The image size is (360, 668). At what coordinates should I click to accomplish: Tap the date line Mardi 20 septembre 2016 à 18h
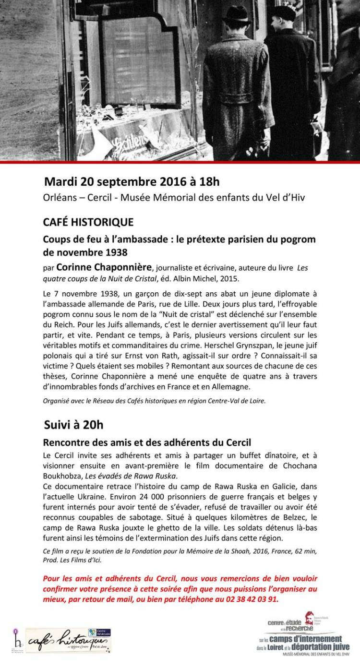click(x=132, y=181)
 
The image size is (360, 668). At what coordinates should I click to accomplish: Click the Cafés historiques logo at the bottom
click(x=68, y=640)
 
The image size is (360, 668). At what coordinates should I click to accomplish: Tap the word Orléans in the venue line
click(x=60, y=197)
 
